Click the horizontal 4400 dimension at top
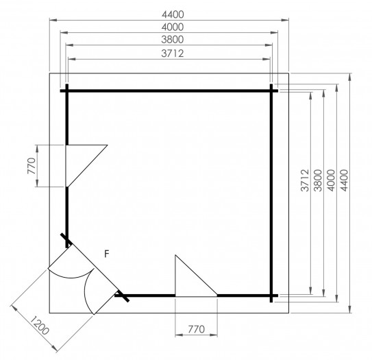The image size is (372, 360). click(x=173, y=14)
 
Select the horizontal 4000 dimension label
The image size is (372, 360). click(x=173, y=27)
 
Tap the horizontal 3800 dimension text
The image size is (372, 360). click(x=173, y=39)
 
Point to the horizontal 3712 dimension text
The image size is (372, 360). click(x=173, y=53)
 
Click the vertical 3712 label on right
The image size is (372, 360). click(x=305, y=180)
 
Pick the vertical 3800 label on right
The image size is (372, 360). click(x=318, y=180)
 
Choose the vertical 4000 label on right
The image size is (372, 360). click(x=331, y=180)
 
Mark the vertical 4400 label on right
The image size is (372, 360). click(x=344, y=180)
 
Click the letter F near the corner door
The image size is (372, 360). click(x=107, y=254)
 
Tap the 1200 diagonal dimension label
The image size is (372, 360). click(x=40, y=325)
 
